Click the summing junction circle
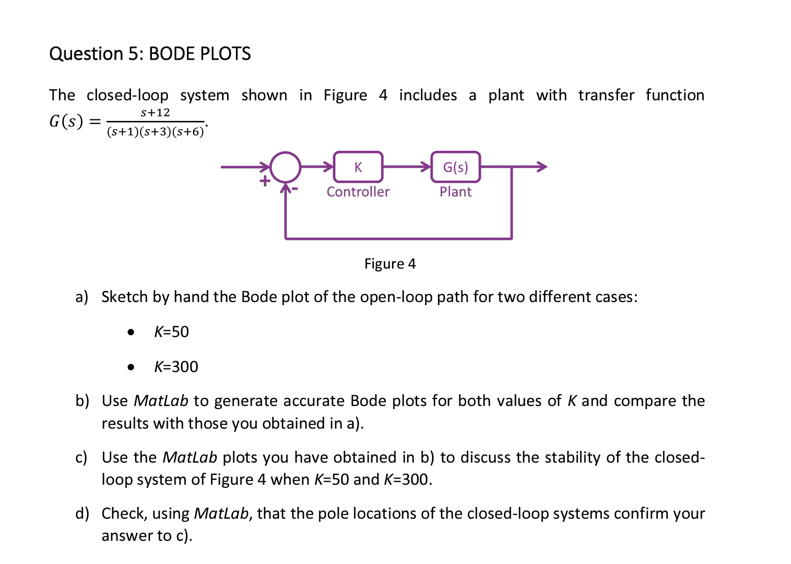point(285,167)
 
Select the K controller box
point(358,167)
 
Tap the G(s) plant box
point(455,167)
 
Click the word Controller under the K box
point(358,192)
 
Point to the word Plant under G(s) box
point(455,192)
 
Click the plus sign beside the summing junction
point(265,181)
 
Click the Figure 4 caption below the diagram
point(390,264)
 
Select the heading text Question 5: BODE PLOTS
point(150,54)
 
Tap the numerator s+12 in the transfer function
point(155,113)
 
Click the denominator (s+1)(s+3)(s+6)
point(155,132)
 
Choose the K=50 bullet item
point(171,332)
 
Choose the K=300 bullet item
point(176,367)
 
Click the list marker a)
point(82,297)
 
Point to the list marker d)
point(82,514)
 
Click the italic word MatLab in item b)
point(161,401)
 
